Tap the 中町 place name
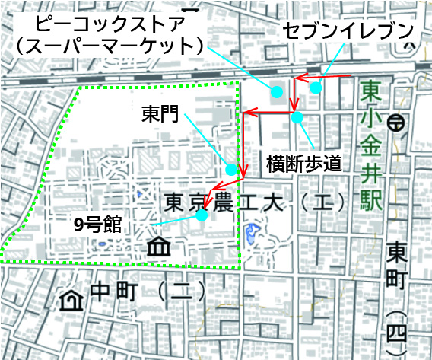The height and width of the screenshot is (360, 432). click(110, 291)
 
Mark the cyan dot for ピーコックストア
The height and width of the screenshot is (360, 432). click(277, 91)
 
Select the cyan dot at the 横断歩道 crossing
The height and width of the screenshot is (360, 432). click(297, 117)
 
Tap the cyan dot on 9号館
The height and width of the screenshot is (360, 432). click(202, 215)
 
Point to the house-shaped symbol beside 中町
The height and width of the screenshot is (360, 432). click(71, 299)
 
